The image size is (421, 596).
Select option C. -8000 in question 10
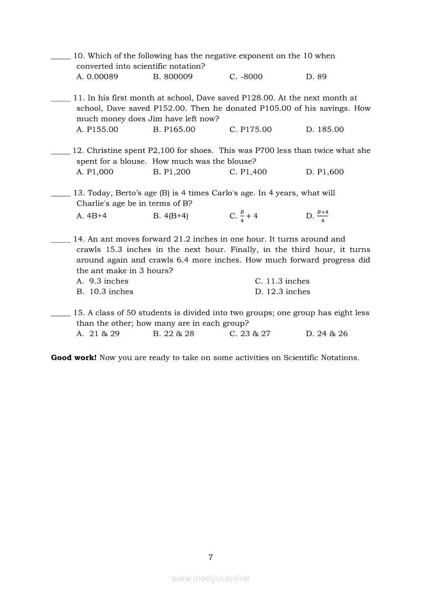(246, 77)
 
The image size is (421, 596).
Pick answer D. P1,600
(325, 172)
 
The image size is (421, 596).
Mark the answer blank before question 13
(61, 194)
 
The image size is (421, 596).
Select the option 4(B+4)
(171, 216)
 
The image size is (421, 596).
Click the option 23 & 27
(250, 334)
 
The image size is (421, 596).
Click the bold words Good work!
(73, 358)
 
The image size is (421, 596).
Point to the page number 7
(210, 557)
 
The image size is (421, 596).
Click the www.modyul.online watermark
(210, 579)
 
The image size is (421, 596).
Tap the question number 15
(79, 313)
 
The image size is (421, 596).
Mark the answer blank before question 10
(61, 57)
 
